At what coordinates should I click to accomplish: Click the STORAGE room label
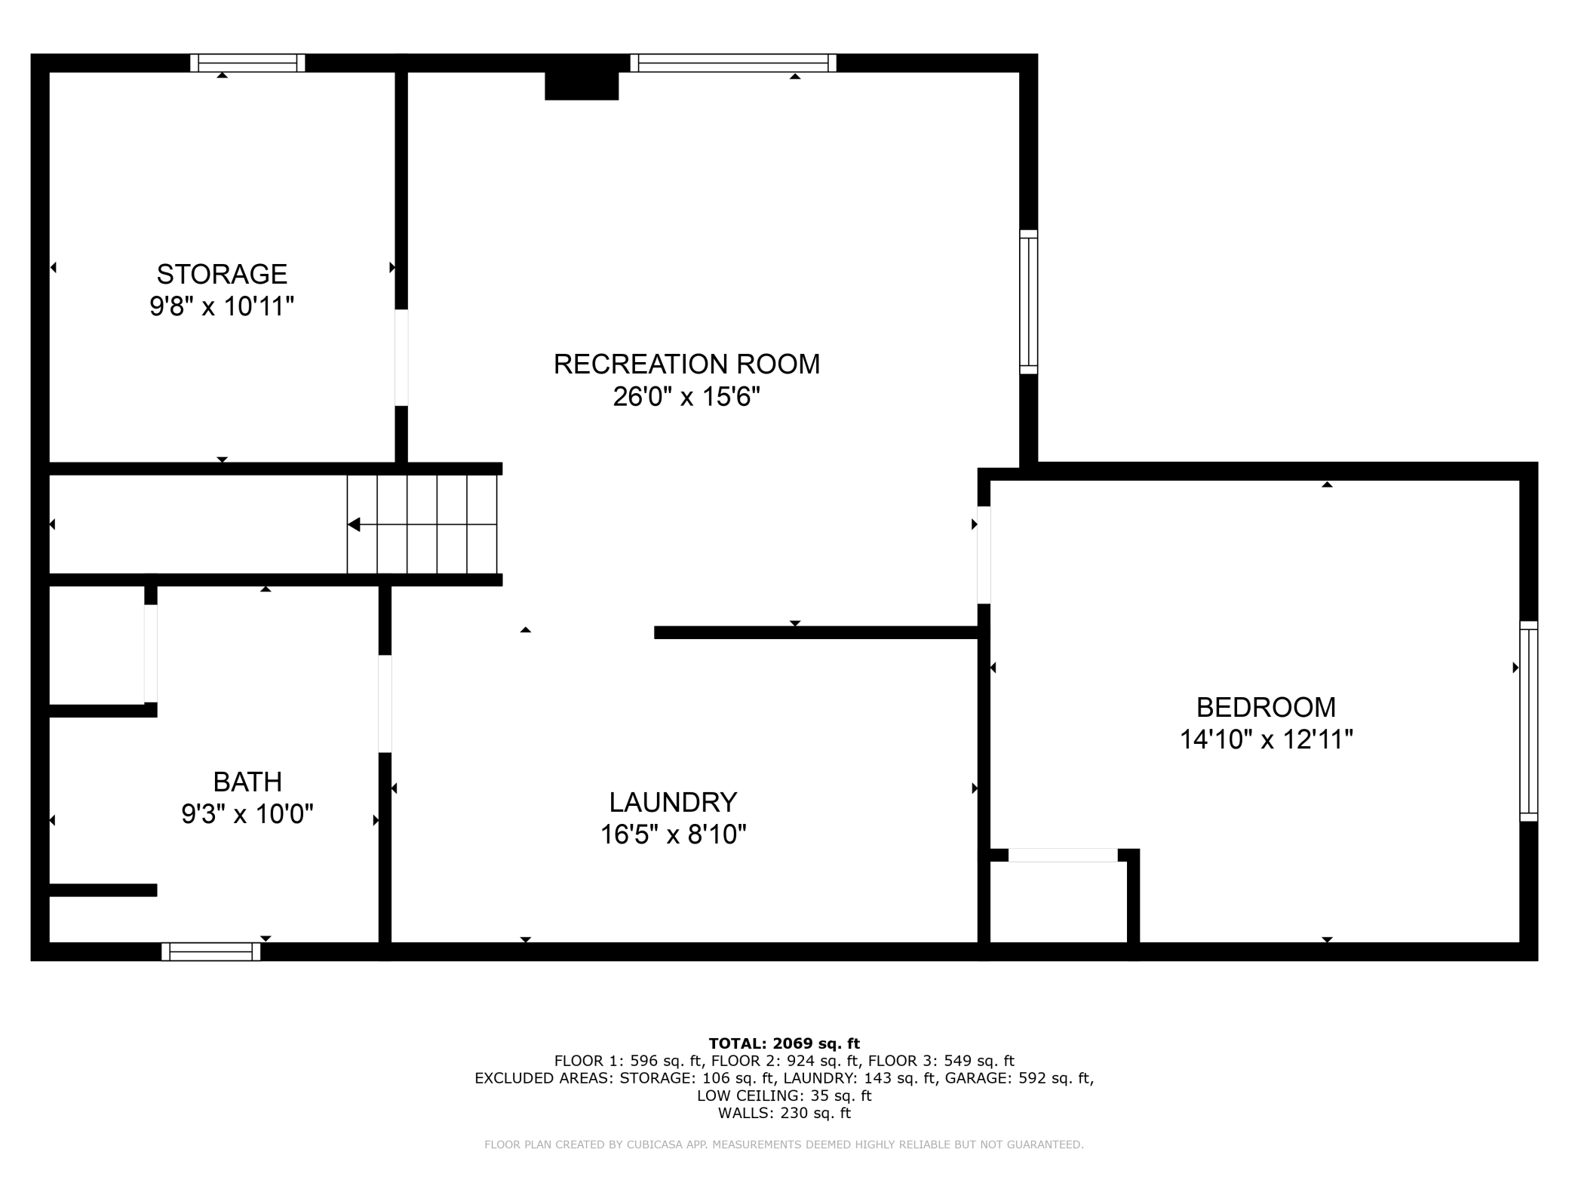click(222, 273)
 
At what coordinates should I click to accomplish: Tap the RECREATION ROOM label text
click(686, 364)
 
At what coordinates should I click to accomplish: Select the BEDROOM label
click(1266, 707)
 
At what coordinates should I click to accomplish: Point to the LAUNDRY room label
click(673, 801)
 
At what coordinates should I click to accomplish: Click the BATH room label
click(247, 782)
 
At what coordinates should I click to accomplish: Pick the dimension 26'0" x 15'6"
click(686, 396)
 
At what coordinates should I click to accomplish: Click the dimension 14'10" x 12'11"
click(1266, 739)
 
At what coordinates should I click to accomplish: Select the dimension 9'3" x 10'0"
click(247, 814)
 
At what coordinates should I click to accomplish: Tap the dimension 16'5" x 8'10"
click(673, 834)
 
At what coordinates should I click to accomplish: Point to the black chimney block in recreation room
click(582, 85)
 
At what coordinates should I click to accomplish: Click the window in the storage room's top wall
click(247, 63)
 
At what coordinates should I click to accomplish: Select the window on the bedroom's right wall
click(1528, 721)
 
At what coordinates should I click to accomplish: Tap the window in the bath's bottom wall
click(211, 951)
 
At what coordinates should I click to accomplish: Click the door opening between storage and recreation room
click(401, 358)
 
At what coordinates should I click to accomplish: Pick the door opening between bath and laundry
click(385, 703)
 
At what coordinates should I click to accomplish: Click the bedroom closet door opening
click(1063, 855)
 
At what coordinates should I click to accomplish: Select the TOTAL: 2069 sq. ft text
click(784, 1043)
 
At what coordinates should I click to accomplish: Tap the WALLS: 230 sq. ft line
click(784, 1113)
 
